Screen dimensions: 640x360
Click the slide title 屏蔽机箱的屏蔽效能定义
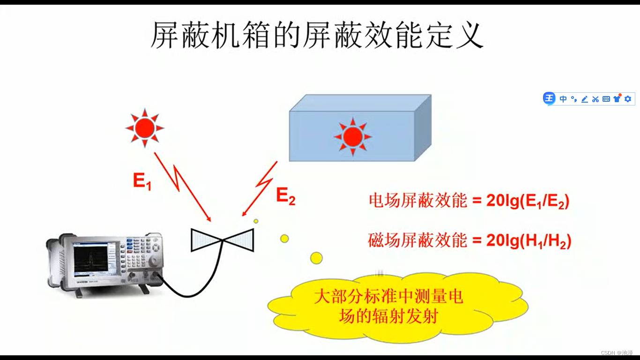click(317, 36)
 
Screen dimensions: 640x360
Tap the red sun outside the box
click(144, 127)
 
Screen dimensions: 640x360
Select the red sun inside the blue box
click(352, 136)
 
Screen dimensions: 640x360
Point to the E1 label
click(142, 181)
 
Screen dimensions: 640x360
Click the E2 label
click(285, 196)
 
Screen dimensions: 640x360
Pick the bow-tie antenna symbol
click(223, 240)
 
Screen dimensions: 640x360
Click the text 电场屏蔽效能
click(418, 201)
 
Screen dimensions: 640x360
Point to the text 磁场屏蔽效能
click(418, 241)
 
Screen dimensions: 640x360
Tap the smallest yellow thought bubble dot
click(256, 221)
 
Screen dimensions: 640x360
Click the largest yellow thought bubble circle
click(317, 257)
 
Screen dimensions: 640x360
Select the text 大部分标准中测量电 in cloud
click(388, 297)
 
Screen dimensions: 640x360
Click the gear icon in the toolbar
click(628, 99)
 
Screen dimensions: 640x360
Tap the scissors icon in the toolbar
click(595, 99)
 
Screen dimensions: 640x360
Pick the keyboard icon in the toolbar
click(606, 99)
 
